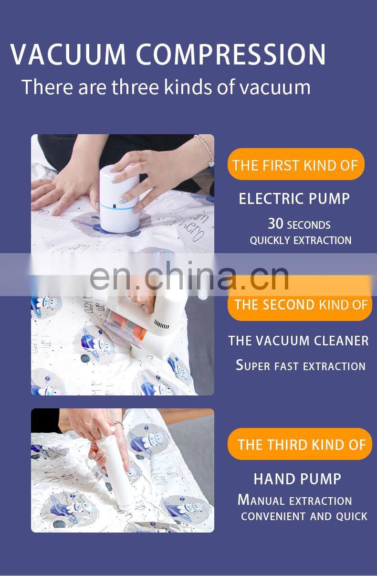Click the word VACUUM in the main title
pos(68,54)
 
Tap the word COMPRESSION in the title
pos(231,54)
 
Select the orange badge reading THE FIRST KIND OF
pos(296,164)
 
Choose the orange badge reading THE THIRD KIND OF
pos(300,444)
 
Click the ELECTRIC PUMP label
pos(294,199)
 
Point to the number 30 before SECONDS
pos(275,224)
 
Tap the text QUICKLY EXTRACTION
pos(301,240)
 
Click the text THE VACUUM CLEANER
pos(298,341)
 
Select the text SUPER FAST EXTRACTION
pos(301,365)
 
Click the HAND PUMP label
pos(297,479)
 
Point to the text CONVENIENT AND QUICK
pos(304,516)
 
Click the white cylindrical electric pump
pos(120,199)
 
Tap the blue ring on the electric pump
pos(117,206)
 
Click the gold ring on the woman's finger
pos(140,155)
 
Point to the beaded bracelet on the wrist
pos(206,149)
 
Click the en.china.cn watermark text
pos(189,277)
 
